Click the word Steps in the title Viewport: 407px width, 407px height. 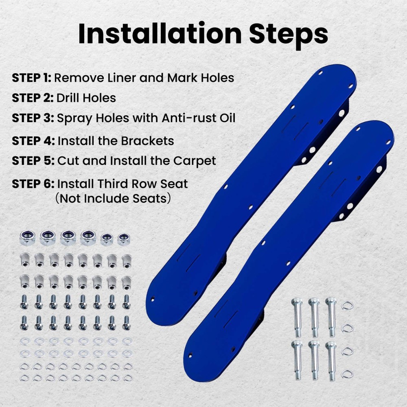(x=289, y=34)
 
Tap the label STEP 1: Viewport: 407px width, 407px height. (x=31, y=77)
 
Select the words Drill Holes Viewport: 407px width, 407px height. (x=86, y=98)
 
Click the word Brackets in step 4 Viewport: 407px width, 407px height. (x=147, y=141)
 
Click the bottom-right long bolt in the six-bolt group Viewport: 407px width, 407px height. (x=331, y=360)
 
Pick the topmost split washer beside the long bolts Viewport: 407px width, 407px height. (x=347, y=305)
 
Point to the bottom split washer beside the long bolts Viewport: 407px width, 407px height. (x=347, y=374)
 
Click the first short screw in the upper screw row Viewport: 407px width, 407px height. (x=24, y=302)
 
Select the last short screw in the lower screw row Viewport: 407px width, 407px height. (x=126, y=323)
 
